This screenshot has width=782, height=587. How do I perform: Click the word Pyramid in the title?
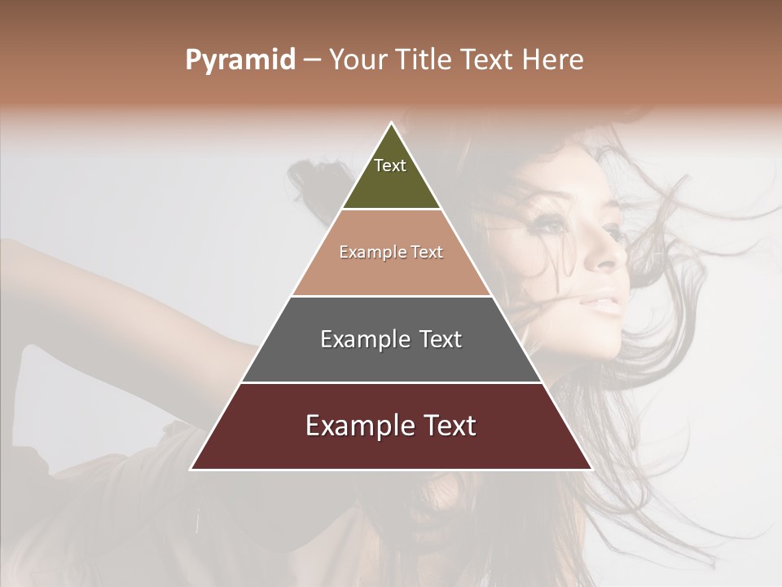tap(239, 60)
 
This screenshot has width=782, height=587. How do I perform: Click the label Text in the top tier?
tap(390, 166)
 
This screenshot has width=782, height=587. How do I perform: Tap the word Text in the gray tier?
tap(440, 339)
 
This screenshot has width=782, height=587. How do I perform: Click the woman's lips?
tap(604, 306)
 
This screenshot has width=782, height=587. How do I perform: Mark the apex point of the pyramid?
tap(391, 123)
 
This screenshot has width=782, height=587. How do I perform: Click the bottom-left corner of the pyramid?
tap(191, 469)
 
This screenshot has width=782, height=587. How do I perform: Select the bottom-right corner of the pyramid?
tap(591, 469)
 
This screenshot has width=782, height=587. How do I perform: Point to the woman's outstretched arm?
tap(122, 285)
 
